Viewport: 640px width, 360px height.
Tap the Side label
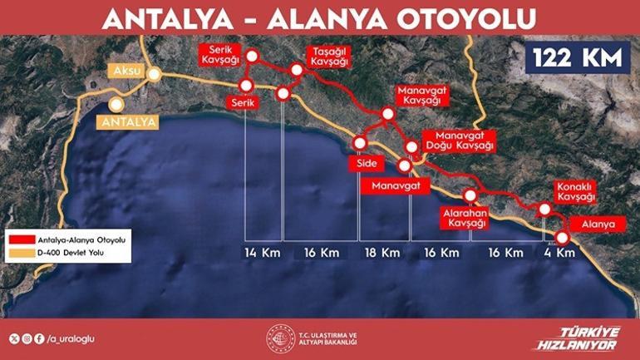[x=367, y=164]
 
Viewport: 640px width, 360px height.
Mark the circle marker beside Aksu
[x=155, y=72]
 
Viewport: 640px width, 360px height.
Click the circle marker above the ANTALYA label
[x=116, y=105]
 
